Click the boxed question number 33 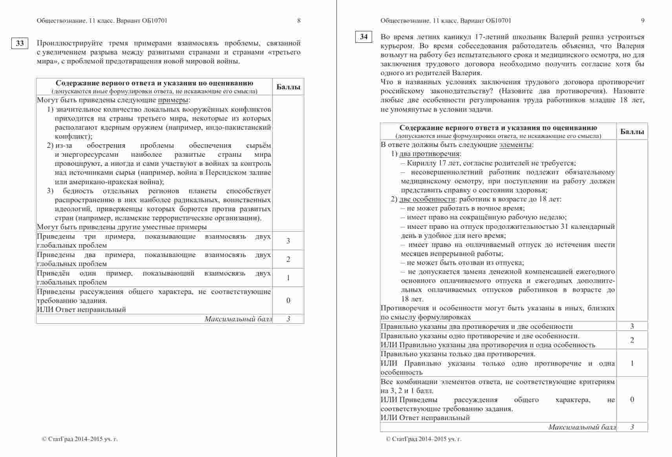coord(20,44)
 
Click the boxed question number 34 coord(363,37)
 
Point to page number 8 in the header coord(299,21)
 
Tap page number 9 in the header coord(643,21)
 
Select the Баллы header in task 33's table coord(288,87)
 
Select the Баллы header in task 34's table coord(632,132)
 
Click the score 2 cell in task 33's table coord(288,259)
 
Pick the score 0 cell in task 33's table coord(288,301)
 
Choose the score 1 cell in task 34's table coord(632,363)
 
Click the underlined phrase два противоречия coord(429,154)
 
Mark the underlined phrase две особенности coord(427,199)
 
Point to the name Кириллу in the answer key coord(420,163)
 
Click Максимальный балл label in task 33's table coord(238,319)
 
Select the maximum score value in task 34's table coord(632,427)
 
